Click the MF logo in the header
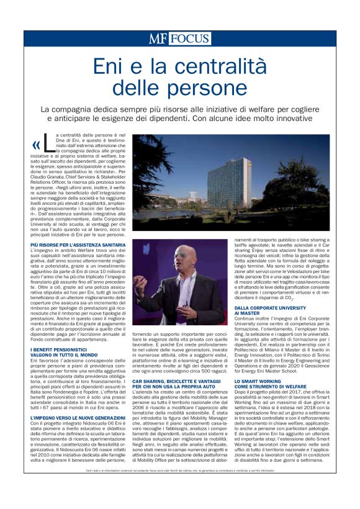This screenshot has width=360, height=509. [158, 38]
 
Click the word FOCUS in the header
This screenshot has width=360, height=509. [189, 38]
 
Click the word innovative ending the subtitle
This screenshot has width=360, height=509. [306, 119]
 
